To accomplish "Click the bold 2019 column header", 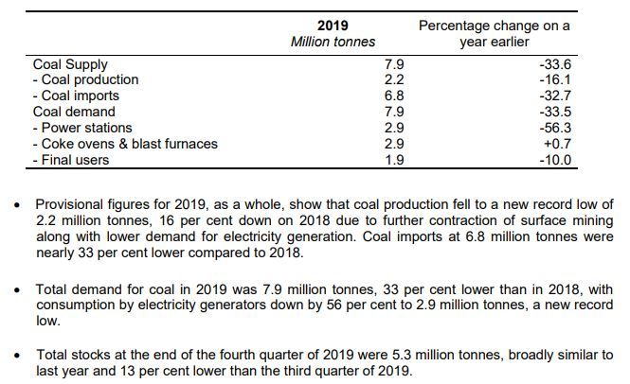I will pos(333,26).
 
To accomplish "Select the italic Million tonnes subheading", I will pos(333,42).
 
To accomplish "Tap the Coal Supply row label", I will pos(70,64).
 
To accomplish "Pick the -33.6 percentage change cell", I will pos(555,64).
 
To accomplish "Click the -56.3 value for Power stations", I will pos(555,128).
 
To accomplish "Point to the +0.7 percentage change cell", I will pos(556,144).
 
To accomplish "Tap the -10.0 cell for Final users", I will pos(555,160).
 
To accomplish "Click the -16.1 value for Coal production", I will pos(555,80).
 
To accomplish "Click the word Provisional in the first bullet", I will pos(72,204).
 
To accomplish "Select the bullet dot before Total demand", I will pos(14,287).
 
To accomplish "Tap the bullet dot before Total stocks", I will pos(14,356).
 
